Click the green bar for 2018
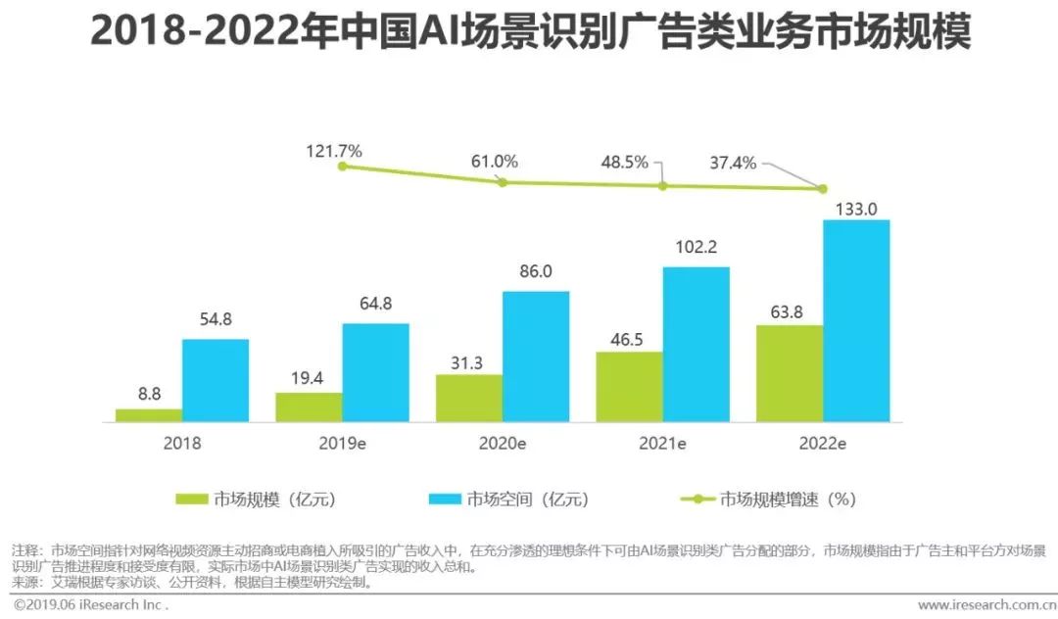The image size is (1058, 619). point(149,415)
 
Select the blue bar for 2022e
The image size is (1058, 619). point(856,321)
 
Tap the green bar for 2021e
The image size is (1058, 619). point(629,387)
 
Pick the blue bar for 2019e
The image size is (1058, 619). point(375,372)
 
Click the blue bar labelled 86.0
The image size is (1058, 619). point(536,357)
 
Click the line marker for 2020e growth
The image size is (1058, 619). point(503,182)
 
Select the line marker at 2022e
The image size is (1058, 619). point(822,189)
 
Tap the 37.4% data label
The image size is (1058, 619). point(733,164)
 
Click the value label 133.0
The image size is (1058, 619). point(856,208)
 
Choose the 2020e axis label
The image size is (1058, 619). point(502,443)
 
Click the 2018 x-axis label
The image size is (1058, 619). point(181,443)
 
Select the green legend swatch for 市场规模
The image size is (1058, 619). point(192,499)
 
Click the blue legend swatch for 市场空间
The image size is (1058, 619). point(445,499)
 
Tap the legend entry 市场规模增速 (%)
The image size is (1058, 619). point(788,499)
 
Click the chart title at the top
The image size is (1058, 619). point(529,32)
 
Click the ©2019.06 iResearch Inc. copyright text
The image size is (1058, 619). point(86,605)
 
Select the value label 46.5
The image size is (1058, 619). point(629,339)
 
